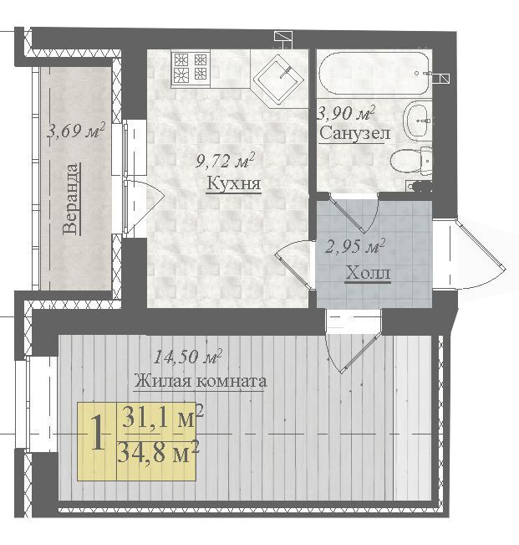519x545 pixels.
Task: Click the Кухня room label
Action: (x=233, y=184)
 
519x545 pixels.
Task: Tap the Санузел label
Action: (x=354, y=133)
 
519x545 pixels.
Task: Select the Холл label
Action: (x=368, y=273)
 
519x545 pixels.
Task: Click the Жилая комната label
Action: (x=201, y=381)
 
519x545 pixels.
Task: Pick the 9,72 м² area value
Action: (x=226, y=160)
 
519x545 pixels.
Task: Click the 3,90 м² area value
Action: (x=347, y=113)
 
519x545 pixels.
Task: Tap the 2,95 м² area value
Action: (x=355, y=246)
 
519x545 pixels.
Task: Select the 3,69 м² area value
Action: (x=76, y=131)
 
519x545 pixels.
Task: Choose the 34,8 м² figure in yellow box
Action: (x=159, y=452)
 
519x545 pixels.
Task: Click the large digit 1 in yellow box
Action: (x=97, y=433)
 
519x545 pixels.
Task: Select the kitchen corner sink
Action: (x=278, y=79)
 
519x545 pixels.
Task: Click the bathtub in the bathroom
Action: (x=374, y=73)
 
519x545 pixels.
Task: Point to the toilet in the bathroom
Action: (x=412, y=161)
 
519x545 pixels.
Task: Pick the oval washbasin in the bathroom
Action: (x=417, y=120)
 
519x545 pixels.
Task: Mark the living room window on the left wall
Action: (x=37, y=404)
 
